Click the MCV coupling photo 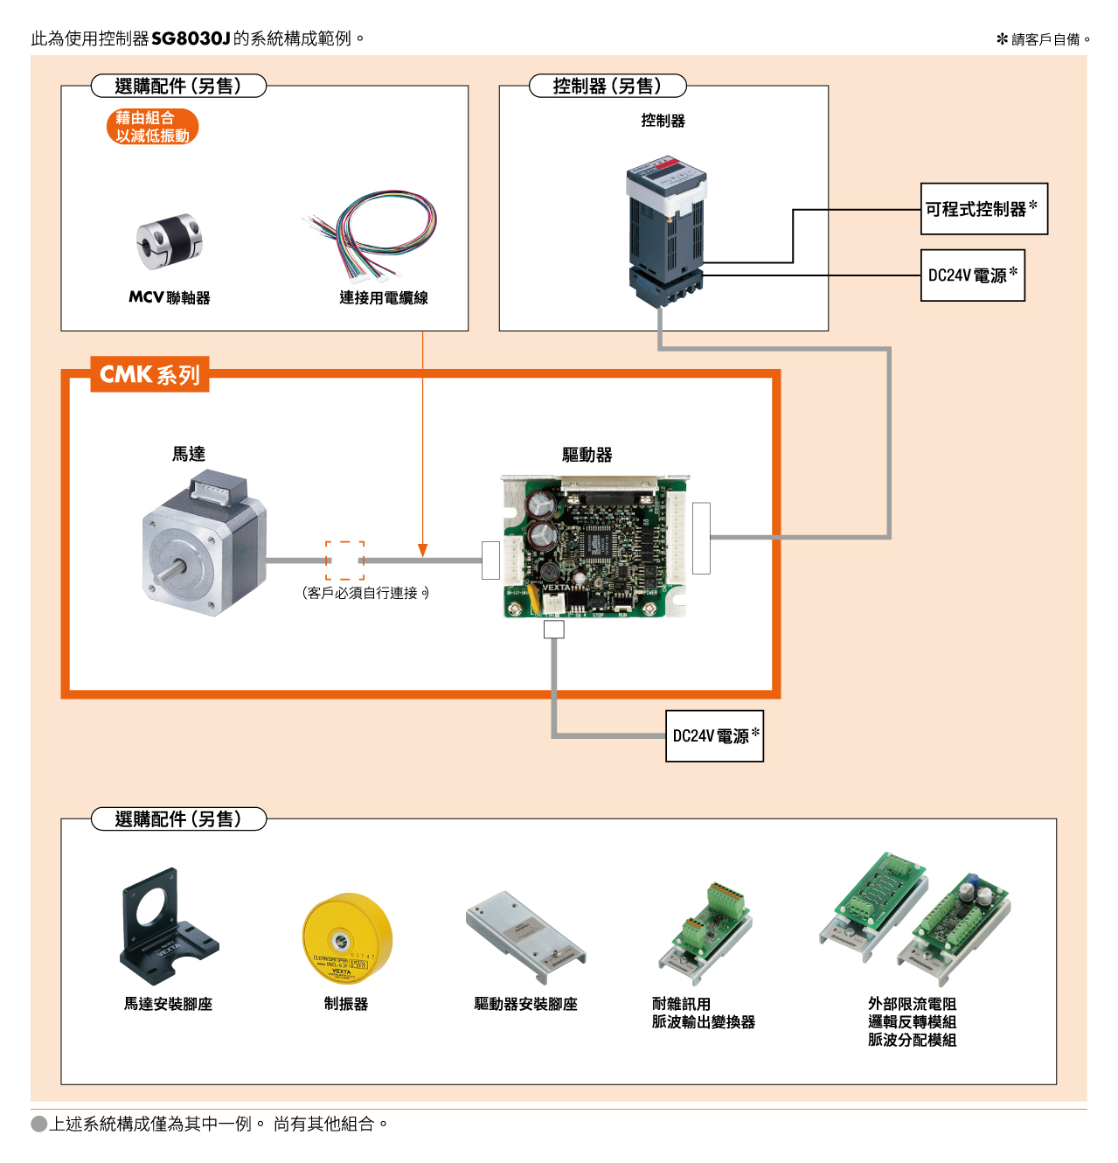tap(169, 241)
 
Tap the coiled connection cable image tap(371, 235)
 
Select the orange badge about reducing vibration tap(152, 127)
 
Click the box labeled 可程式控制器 tap(983, 209)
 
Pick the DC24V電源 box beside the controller tap(972, 275)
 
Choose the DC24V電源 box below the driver tap(714, 735)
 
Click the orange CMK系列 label tap(149, 374)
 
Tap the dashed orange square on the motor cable tap(344, 560)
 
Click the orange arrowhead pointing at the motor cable tap(422, 550)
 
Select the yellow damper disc tap(346, 937)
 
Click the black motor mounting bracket tap(169, 926)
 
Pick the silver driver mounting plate tap(526, 937)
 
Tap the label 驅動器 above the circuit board tap(587, 455)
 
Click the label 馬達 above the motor tap(188, 454)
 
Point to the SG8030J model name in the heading tap(191, 38)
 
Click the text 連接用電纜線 tap(384, 297)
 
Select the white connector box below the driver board tap(554, 629)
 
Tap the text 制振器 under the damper tap(346, 1004)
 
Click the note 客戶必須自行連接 tap(365, 593)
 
